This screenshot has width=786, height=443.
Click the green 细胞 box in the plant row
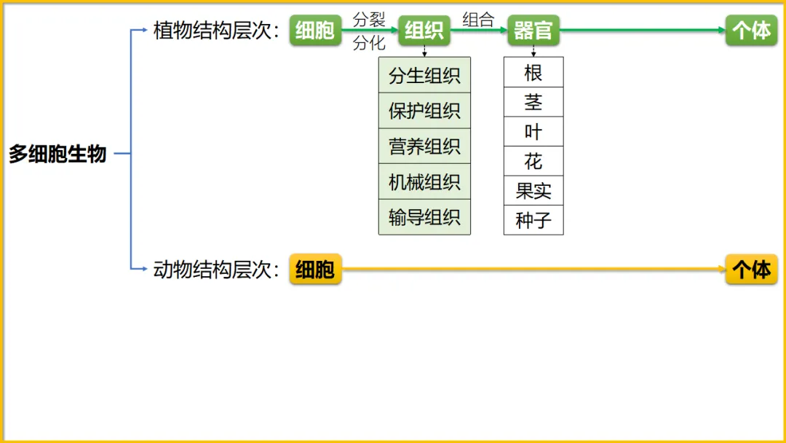tap(315, 31)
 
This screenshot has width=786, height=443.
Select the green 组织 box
tap(424, 31)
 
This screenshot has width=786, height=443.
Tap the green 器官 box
tap(533, 31)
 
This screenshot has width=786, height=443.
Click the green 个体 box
tap(751, 31)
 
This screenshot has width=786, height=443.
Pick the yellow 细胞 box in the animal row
tap(315, 270)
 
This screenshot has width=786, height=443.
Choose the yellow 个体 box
tap(751, 270)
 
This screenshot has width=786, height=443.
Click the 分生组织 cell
tap(424, 75)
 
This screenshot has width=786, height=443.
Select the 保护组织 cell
tap(424, 111)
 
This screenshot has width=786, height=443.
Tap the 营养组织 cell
tap(424, 146)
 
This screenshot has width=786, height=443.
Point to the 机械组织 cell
tap(424, 181)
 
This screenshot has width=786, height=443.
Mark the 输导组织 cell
tap(424, 217)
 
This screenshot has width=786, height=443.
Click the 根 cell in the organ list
tap(533, 72)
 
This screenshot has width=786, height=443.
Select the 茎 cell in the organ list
tap(533, 102)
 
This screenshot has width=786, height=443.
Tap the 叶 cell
tap(533, 132)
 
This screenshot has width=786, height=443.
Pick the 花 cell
tap(533, 161)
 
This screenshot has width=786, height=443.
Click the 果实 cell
tap(533, 191)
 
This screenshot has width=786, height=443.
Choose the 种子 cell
tap(533, 220)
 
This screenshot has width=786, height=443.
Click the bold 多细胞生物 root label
tap(57, 154)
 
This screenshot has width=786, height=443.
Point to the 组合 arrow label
tap(478, 20)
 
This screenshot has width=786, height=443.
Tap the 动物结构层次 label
tap(216, 270)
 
